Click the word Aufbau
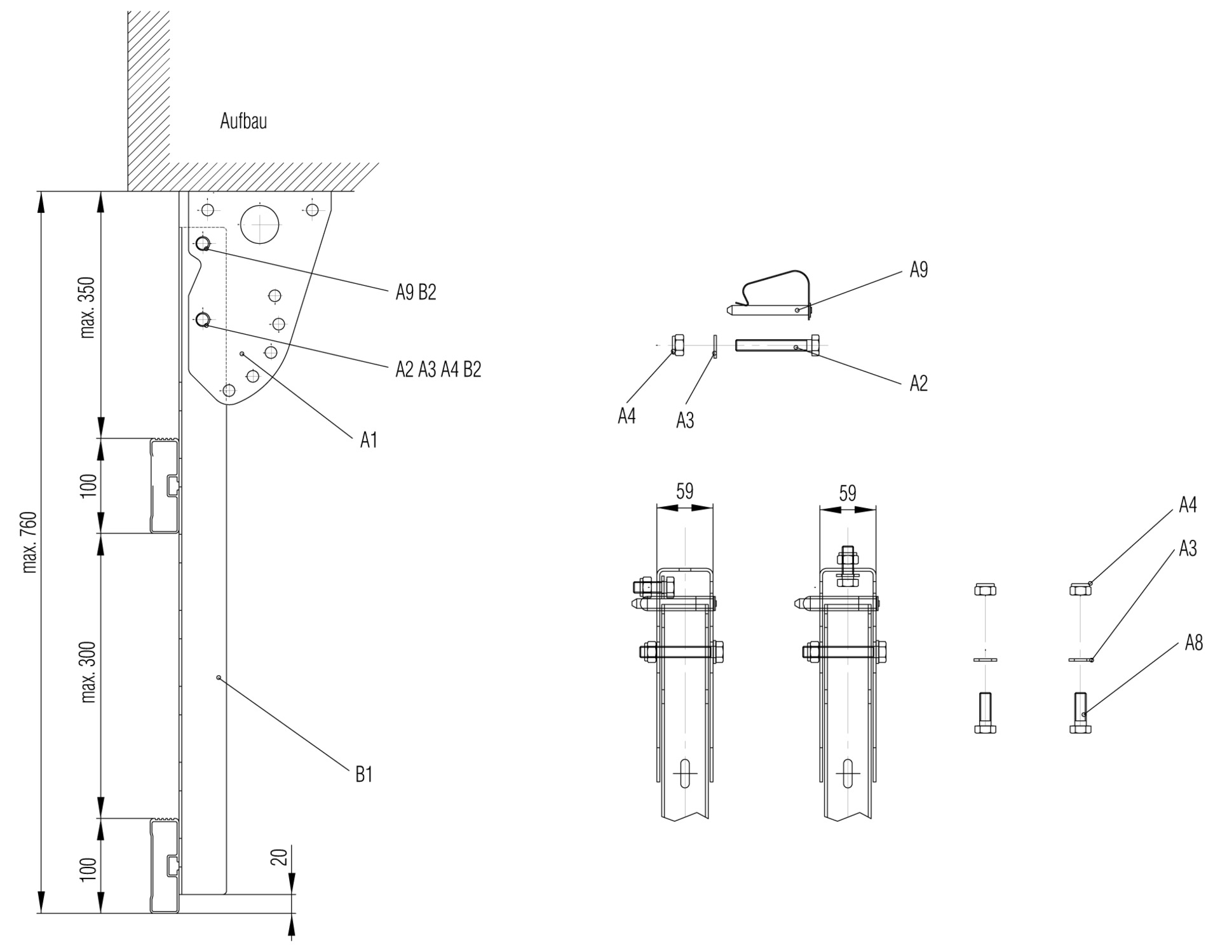point(243,121)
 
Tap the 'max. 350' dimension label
point(88,308)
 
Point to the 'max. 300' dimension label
point(88,672)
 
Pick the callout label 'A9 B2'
point(416,293)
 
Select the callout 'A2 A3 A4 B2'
point(438,370)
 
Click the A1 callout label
point(369,439)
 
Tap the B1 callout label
point(363,775)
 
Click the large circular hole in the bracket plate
point(260,224)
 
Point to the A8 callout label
point(1194,643)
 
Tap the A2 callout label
point(918,384)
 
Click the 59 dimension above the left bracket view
point(684,491)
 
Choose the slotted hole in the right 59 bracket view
point(848,773)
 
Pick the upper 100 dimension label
point(88,486)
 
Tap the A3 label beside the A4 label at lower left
point(684,420)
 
